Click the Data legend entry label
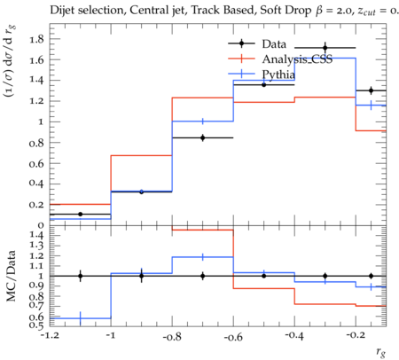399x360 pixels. (x=274, y=44)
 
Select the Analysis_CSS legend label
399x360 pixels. (x=297, y=59)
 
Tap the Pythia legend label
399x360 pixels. (x=278, y=74)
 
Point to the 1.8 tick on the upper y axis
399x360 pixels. (x=36, y=39)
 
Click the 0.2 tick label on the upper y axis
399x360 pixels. (x=36, y=205)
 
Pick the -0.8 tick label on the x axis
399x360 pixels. (x=172, y=337)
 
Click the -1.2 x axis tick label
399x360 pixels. (x=50, y=336)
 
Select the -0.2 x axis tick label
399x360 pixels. (x=356, y=336)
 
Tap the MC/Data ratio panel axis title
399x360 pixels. (x=12, y=276)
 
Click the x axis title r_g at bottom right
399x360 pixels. (x=381, y=352)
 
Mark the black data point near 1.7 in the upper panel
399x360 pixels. (x=325, y=48)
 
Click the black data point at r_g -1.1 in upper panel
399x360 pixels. (x=80, y=214)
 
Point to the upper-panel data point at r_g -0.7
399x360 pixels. (x=203, y=137)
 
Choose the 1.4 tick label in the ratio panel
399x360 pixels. (x=36, y=236)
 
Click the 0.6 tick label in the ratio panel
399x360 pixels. (x=36, y=317)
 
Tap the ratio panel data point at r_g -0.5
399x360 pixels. (x=264, y=276)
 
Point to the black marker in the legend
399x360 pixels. (x=241, y=43)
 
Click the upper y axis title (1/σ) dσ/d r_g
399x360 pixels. (x=10, y=61)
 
